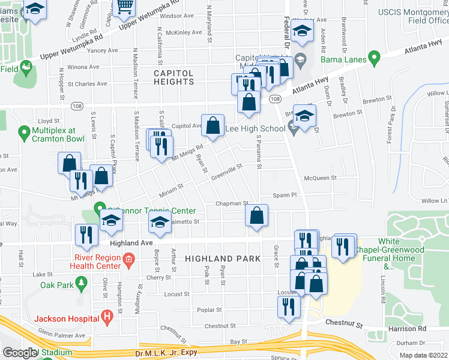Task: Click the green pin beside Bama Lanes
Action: click(375, 59)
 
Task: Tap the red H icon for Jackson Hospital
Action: click(107, 316)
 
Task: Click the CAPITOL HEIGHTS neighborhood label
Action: click(173, 77)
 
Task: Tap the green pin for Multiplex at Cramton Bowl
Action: click(24, 131)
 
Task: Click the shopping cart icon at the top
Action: click(125, 7)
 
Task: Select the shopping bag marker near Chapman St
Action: click(256, 216)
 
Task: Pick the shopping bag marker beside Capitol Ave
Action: click(212, 126)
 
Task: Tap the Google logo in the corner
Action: click(19, 353)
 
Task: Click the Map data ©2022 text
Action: click(424, 355)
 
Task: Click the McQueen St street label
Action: click(318, 178)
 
